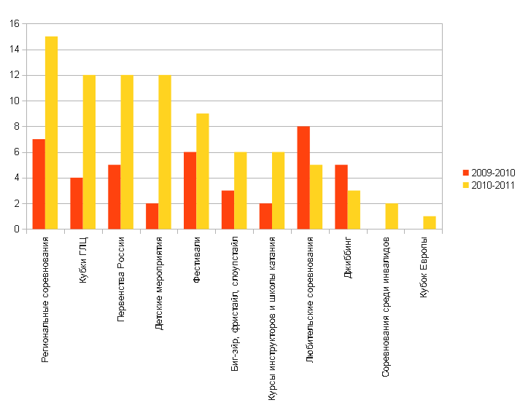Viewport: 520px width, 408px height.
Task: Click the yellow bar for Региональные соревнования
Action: coord(51,133)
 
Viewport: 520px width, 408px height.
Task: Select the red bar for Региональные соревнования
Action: coord(39,184)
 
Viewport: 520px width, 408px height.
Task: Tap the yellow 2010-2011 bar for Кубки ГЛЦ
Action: coord(89,152)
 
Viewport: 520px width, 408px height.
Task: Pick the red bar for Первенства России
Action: coord(115,197)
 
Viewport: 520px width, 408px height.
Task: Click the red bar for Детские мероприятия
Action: coord(152,216)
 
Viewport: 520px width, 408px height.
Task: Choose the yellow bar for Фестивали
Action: coord(202,171)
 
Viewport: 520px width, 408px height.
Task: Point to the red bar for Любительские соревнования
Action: coord(303,178)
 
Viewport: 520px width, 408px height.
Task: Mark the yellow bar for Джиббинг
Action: coord(354,210)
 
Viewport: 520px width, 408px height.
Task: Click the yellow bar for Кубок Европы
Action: coord(430,222)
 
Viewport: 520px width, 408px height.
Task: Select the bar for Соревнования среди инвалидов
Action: coord(392,216)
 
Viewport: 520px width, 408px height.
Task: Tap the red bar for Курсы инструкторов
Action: coord(265,216)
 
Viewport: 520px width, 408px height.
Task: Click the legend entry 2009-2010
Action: coord(489,173)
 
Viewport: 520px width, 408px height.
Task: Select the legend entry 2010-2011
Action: coord(489,185)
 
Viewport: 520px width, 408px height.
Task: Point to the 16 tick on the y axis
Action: coord(14,24)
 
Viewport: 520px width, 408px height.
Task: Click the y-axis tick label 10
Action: coord(14,101)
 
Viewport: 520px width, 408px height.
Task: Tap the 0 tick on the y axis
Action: coord(17,229)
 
